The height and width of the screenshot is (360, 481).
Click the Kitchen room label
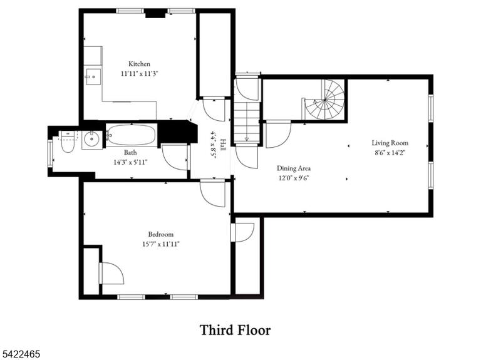tap(139, 64)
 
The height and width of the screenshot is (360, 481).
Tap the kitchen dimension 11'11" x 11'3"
tap(139, 74)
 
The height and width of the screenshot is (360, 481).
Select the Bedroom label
tap(161, 234)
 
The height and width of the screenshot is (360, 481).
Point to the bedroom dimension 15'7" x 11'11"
tap(161, 244)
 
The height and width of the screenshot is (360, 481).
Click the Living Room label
tap(390, 143)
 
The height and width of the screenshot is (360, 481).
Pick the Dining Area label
tap(294, 168)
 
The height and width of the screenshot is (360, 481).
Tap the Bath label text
tap(130, 152)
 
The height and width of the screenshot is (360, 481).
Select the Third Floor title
tap(235, 330)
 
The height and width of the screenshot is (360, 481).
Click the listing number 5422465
tap(20, 354)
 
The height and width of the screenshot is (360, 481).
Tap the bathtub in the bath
tap(132, 135)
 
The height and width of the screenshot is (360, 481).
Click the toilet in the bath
tap(68, 141)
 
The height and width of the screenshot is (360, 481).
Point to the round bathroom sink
tap(91, 140)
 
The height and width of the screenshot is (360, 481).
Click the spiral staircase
tap(324, 100)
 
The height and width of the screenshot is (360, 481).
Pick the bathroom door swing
tap(175, 157)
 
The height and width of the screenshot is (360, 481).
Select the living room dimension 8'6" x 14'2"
tap(390, 153)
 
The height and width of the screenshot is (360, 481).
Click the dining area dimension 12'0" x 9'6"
tap(294, 178)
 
